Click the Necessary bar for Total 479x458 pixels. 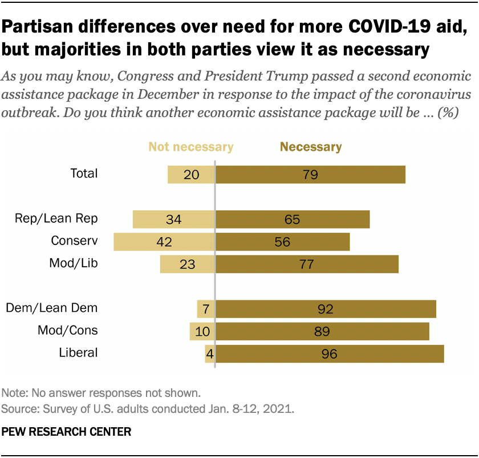[x=310, y=175]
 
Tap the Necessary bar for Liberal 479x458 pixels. [x=330, y=353]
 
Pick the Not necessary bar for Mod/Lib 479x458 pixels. [x=187, y=264]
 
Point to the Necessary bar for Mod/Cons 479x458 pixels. [x=322, y=331]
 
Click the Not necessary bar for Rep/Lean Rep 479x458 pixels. [x=173, y=219]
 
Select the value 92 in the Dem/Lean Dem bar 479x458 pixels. [x=326, y=309]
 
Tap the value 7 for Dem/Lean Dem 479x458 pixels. [x=205, y=309]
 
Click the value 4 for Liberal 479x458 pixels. [x=209, y=353]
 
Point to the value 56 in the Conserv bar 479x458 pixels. [x=282, y=242]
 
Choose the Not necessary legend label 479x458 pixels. [x=191, y=147]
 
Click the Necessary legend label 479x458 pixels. [x=311, y=147]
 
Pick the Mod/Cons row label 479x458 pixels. [x=68, y=330]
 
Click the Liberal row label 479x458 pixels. [x=78, y=352]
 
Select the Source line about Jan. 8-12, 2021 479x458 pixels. [x=148, y=409]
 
